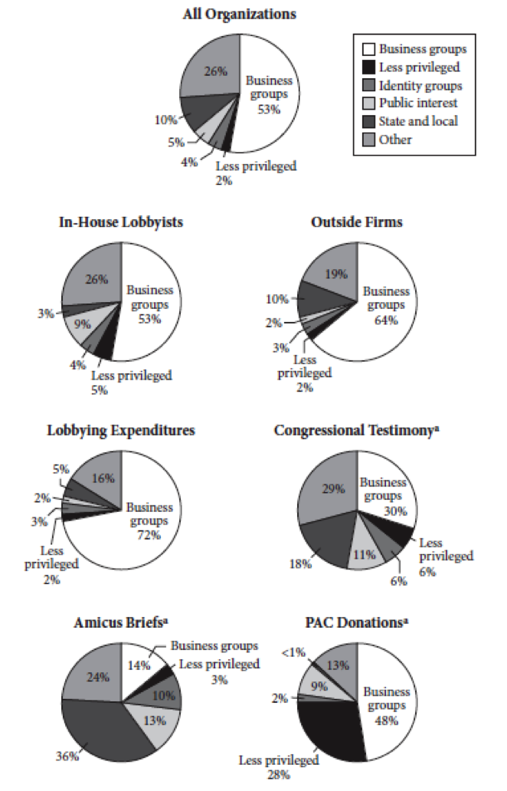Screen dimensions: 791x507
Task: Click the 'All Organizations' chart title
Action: (240, 15)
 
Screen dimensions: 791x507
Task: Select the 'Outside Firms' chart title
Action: (357, 222)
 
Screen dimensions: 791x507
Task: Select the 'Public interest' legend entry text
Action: (419, 103)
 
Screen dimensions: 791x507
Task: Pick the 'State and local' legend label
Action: (420, 121)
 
